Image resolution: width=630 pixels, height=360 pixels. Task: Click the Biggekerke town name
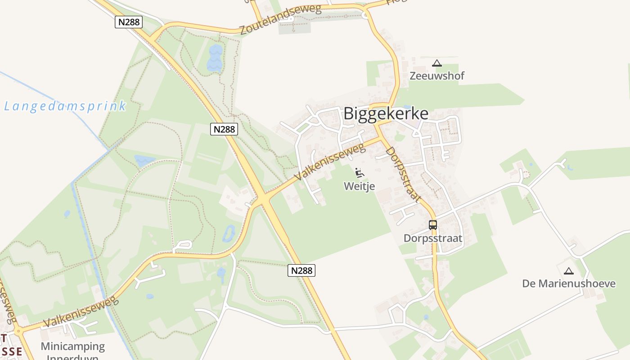click(386, 113)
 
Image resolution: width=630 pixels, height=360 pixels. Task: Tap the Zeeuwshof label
click(436, 76)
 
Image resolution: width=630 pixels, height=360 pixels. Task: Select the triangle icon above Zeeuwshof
click(436, 63)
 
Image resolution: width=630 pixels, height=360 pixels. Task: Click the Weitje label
click(360, 186)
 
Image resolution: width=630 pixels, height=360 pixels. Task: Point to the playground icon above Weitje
click(359, 173)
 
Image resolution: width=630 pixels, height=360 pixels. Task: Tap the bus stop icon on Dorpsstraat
click(433, 225)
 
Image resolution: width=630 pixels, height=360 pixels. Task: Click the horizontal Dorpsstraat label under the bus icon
click(433, 238)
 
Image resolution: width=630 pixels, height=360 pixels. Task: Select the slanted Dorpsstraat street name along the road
click(403, 174)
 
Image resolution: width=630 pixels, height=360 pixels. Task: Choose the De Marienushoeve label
click(569, 283)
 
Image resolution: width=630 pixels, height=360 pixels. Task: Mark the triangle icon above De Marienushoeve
click(569, 271)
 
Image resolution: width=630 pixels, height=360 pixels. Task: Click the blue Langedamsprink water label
click(65, 107)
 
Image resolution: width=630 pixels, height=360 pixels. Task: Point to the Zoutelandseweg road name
click(280, 20)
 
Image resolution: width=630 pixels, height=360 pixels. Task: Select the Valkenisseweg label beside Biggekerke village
click(330, 162)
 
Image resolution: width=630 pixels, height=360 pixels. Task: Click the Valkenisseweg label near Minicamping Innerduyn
click(81, 312)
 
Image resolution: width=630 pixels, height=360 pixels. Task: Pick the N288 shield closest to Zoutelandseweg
click(129, 22)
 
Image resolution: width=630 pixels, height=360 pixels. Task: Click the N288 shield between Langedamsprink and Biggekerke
click(224, 129)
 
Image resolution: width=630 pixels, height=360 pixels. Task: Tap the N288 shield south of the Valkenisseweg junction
click(301, 270)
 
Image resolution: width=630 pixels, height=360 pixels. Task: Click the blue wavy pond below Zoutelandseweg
click(215, 58)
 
